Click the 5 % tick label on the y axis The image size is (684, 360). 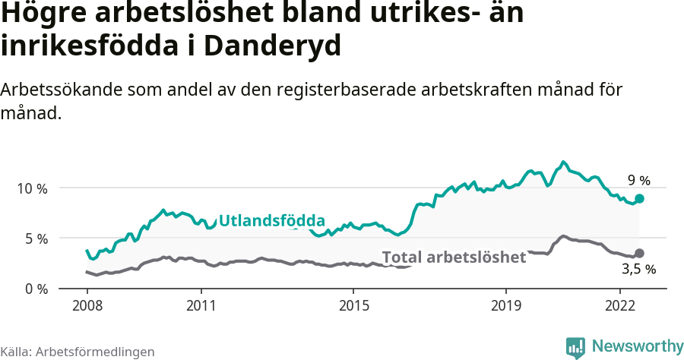tap(34, 238)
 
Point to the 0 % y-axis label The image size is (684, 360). tap(34, 289)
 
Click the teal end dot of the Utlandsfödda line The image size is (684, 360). tap(639, 198)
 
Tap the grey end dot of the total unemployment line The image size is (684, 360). tap(639, 253)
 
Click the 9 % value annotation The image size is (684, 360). tap(638, 181)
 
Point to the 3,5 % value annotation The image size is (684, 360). tap(638, 269)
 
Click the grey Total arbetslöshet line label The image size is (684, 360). tap(454, 257)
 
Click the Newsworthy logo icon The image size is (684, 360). tap(575, 347)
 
